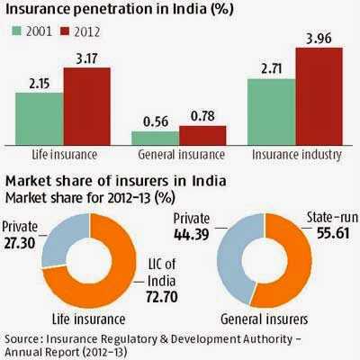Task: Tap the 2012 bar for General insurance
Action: point(202,135)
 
